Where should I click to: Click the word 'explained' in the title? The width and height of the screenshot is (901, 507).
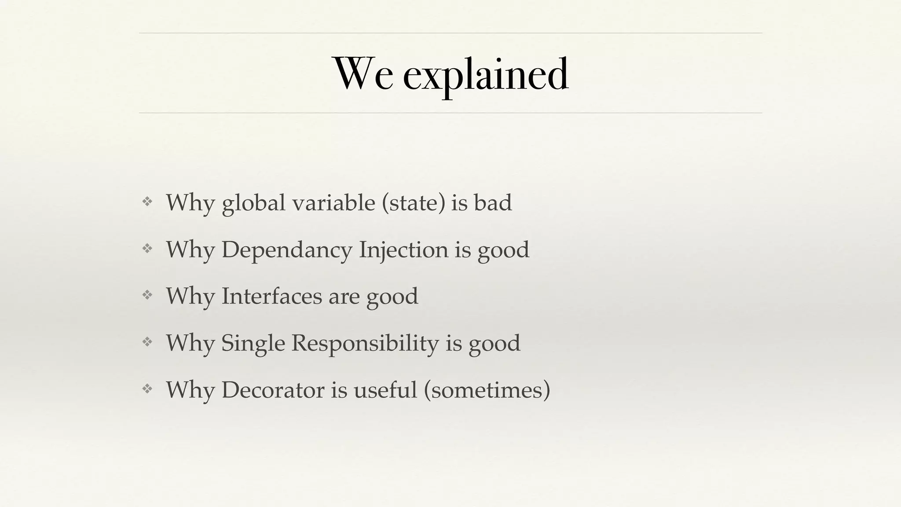tap(486, 74)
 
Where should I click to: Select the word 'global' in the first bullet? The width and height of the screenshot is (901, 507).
tap(253, 203)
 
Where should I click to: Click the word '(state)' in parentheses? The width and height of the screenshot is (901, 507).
tap(414, 203)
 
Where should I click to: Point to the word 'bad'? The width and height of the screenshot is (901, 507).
tap(493, 203)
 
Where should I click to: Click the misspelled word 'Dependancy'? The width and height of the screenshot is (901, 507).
tap(287, 250)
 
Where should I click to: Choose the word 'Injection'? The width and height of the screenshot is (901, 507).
tap(403, 250)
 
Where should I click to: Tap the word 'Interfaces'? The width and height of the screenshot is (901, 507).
tap(271, 296)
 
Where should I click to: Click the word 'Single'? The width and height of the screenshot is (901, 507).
tap(253, 343)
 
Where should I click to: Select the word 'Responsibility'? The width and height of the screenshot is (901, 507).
tap(365, 343)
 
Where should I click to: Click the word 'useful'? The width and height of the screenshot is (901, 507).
tap(385, 389)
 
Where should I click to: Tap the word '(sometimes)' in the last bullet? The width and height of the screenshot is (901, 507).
tap(487, 389)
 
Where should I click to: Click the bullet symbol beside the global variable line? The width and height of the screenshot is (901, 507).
tap(147, 202)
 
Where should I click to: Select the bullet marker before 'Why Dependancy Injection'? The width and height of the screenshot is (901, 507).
tap(147, 249)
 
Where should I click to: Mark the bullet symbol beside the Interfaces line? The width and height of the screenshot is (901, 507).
tap(147, 295)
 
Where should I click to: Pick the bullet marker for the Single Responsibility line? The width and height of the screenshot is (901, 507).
tap(147, 342)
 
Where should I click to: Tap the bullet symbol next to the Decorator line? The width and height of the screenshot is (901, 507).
tap(147, 388)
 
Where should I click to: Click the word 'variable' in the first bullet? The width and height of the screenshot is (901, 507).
tap(333, 203)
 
